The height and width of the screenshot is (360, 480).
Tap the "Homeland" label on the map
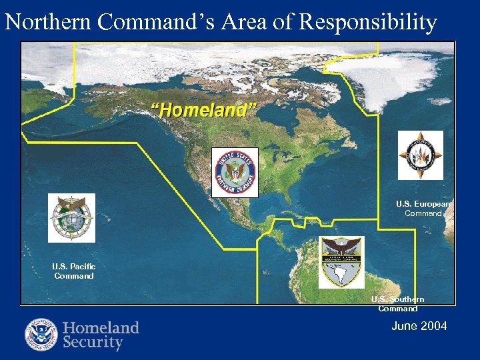(x=203, y=110)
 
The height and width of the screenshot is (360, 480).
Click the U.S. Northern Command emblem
(x=235, y=172)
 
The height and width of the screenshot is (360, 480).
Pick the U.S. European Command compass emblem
(x=420, y=155)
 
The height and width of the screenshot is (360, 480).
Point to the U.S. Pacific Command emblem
(x=71, y=218)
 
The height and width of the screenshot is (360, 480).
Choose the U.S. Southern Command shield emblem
(x=341, y=262)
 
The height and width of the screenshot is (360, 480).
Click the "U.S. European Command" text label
(x=423, y=209)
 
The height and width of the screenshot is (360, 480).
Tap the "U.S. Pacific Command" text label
(x=73, y=271)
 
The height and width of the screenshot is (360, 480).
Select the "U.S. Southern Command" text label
(x=397, y=304)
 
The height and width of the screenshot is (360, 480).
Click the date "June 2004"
(x=419, y=326)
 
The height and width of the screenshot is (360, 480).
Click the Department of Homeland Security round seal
(x=41, y=335)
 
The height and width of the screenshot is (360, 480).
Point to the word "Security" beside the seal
(x=93, y=343)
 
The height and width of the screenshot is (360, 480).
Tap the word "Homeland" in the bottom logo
(x=101, y=327)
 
